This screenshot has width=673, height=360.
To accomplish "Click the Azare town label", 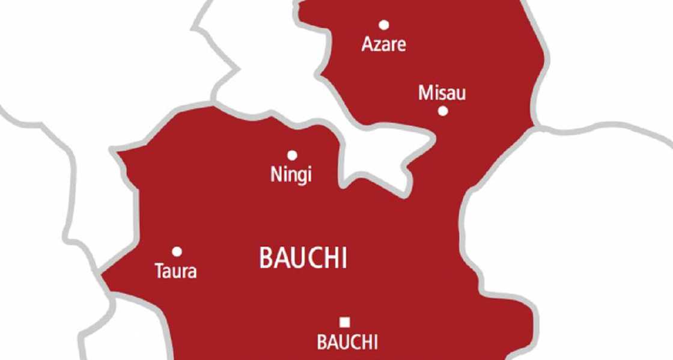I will point(383,44).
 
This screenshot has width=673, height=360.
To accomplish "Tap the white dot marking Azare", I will point(383,25).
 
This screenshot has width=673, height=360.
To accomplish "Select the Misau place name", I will point(442,93).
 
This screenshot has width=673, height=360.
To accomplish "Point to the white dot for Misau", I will point(443,111).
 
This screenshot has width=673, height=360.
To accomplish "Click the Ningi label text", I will point(291,175).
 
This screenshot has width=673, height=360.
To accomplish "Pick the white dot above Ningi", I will point(292,155).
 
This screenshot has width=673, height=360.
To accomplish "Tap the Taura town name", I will point(175,272).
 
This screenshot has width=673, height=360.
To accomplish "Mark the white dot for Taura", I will point(177,251).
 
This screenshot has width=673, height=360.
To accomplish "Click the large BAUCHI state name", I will point(303,258).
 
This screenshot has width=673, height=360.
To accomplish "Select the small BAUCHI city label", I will point(347,343).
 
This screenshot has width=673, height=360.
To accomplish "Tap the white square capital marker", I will point(345,322).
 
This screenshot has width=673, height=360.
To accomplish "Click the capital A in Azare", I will point(367,44).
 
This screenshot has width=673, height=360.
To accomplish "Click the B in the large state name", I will point(265,258).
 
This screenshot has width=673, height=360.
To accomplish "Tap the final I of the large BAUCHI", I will point(344,258).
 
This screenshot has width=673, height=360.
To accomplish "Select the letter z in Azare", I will point(377,46).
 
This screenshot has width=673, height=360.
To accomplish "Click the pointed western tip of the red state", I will point(102,276).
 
